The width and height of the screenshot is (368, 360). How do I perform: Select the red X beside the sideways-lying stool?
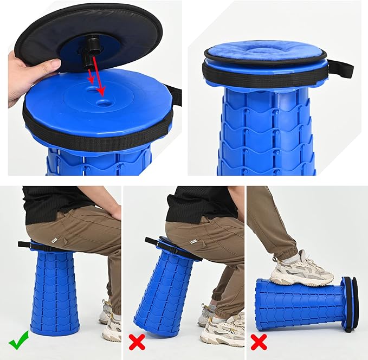tap(258, 343)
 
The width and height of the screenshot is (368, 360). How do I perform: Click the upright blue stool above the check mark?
tap(55, 293)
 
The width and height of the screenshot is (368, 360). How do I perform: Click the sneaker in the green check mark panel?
tap(111, 325)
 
